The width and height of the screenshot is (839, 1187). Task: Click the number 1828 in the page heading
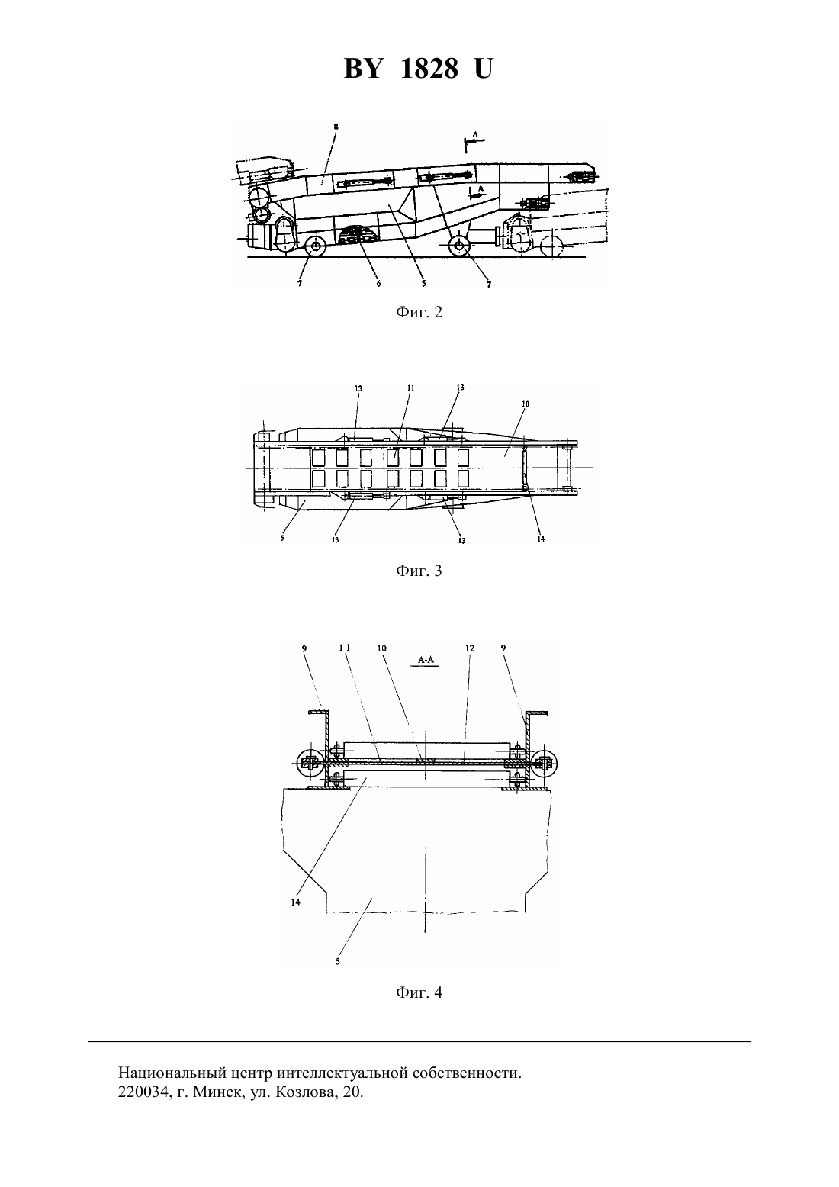429,69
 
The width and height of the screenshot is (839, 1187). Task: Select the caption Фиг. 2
419,312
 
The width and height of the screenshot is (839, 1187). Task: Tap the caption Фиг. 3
419,571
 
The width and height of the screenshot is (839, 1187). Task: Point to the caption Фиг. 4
419,992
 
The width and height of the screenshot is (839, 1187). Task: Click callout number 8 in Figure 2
336,127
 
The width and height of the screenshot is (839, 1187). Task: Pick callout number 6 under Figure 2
379,284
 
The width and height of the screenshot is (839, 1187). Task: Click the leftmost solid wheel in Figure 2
317,246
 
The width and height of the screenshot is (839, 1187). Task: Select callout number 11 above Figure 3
411,388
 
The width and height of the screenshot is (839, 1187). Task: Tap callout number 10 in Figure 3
525,404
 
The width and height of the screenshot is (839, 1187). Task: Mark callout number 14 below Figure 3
540,539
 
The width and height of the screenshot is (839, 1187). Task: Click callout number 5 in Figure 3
282,537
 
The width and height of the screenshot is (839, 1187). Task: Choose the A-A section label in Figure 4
426,660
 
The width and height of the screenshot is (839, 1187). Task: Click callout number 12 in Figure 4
469,648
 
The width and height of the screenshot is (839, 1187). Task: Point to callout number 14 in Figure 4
296,902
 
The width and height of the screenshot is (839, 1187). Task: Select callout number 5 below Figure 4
337,961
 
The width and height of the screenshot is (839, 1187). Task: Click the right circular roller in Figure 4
545,764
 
